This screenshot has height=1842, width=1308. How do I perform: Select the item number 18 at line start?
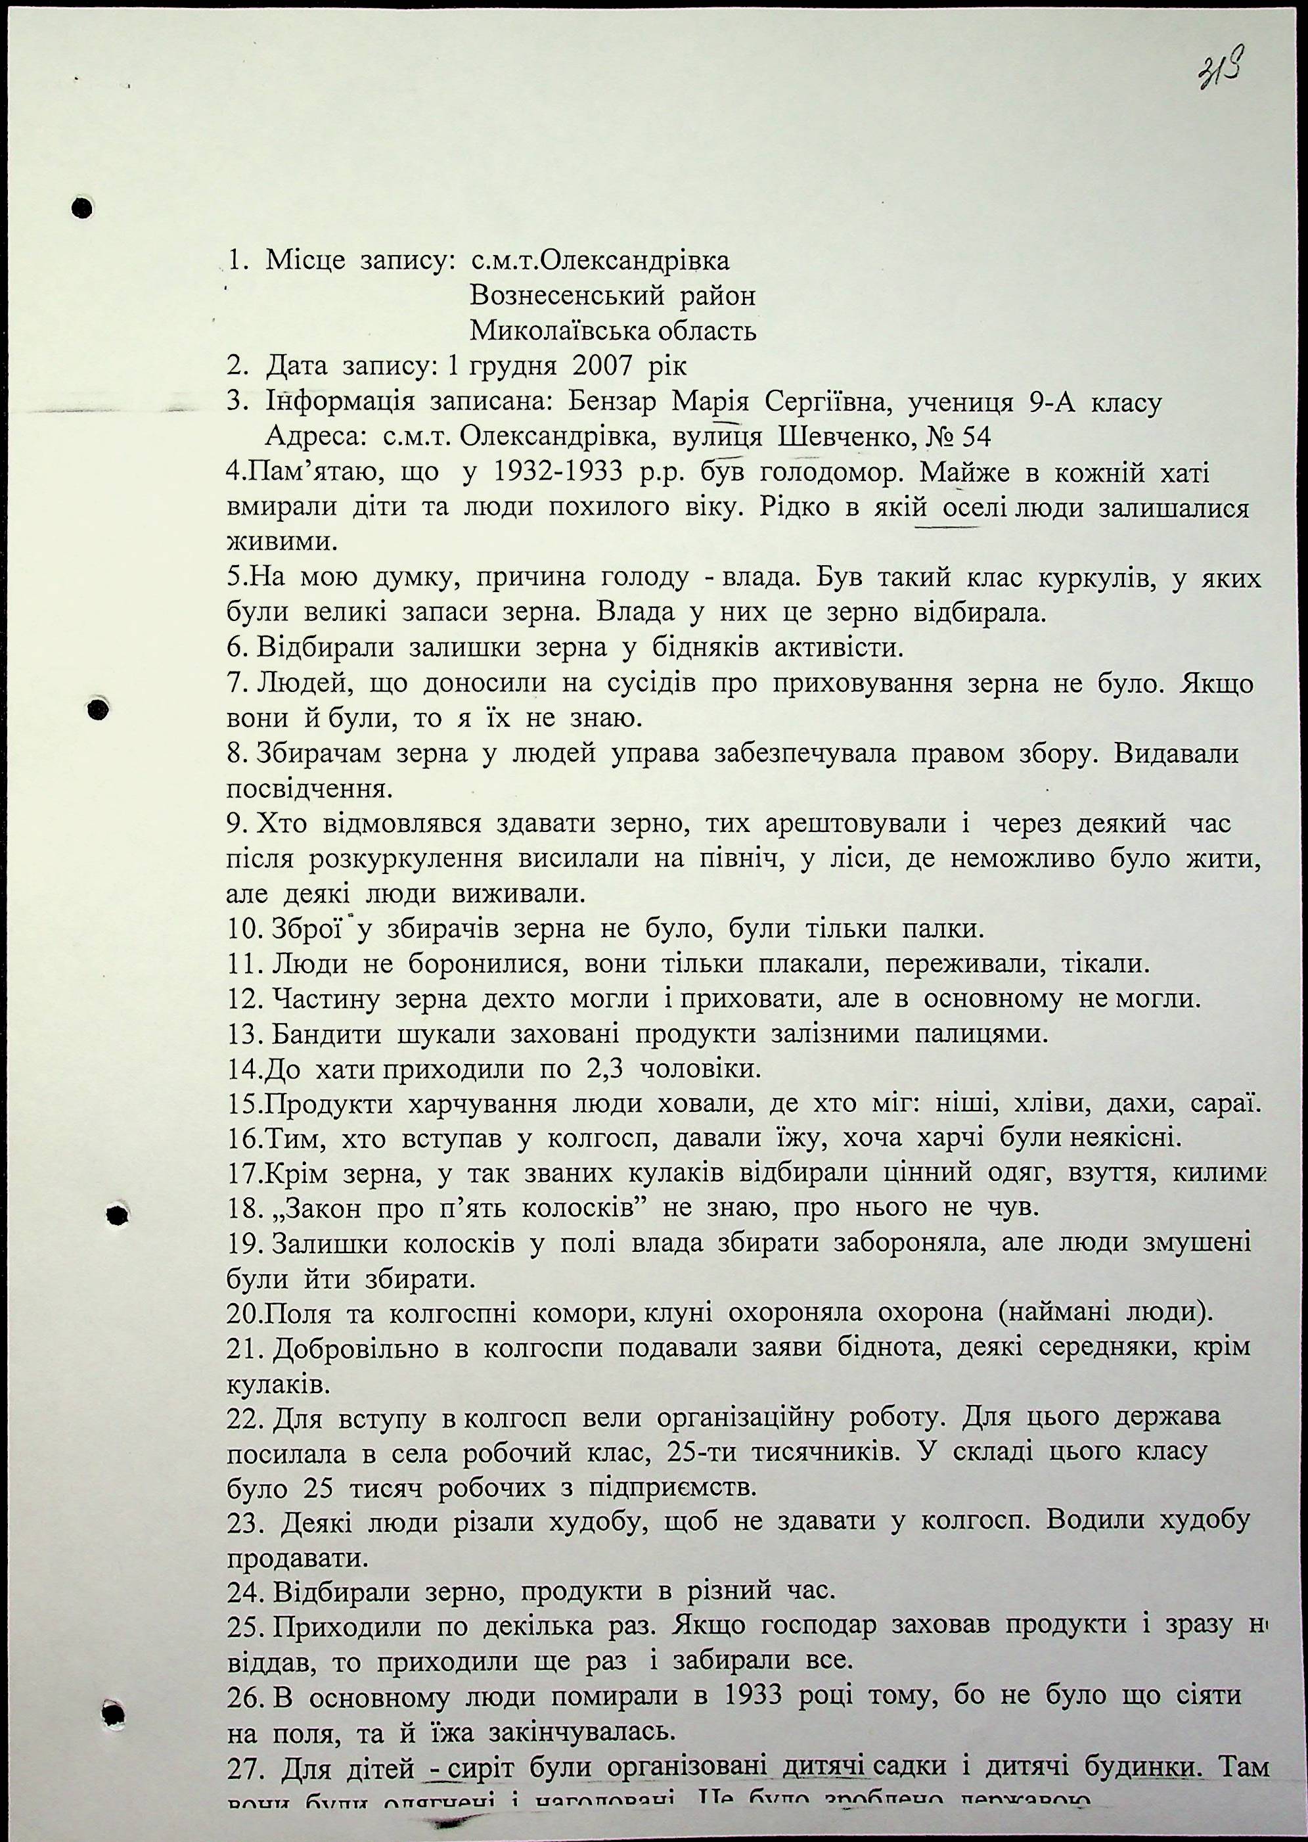240,1210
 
